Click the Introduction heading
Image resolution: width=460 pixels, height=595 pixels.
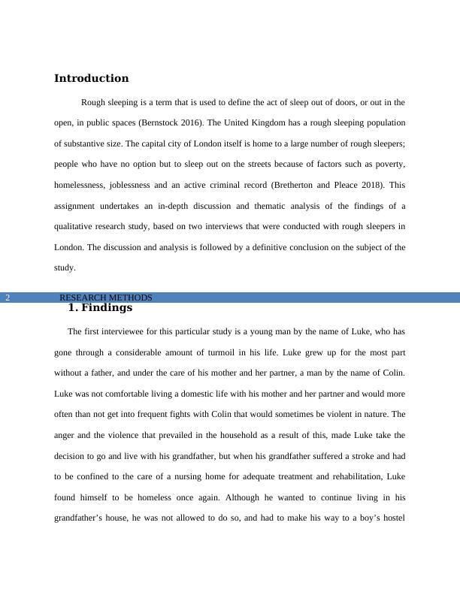(x=91, y=78)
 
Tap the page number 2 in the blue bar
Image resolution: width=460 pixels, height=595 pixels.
(x=8, y=297)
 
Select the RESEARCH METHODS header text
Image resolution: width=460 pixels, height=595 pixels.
(x=105, y=297)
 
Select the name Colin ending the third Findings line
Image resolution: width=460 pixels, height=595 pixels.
(x=392, y=373)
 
